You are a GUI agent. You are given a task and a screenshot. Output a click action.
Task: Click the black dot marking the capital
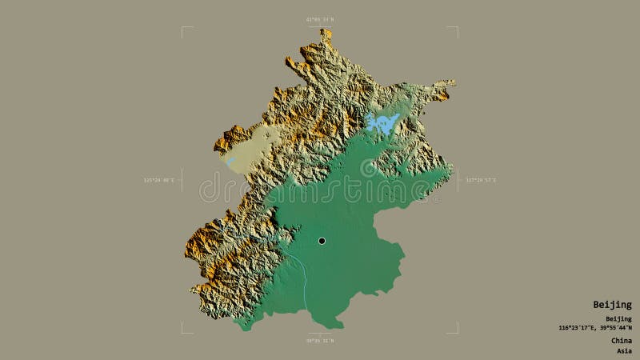pyautogui.click(x=322, y=241)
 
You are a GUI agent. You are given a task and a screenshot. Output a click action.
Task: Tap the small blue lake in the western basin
pyautogui.click(x=230, y=160)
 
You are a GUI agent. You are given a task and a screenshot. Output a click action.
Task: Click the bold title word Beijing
pyautogui.click(x=612, y=305)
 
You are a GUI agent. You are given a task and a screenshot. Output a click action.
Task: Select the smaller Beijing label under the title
pyautogui.click(x=618, y=318)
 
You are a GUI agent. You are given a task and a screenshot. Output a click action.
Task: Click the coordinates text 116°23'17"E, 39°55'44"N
pyautogui.click(x=595, y=327)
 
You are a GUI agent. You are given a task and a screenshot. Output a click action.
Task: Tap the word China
pyautogui.click(x=621, y=340)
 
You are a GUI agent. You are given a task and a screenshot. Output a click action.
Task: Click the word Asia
pyautogui.click(x=623, y=350)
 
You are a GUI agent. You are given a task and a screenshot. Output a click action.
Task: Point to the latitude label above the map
pyautogui.click(x=320, y=19)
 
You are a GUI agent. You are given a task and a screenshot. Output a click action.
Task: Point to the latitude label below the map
pyautogui.click(x=320, y=341)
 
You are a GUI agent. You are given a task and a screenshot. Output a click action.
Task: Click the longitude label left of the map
pyautogui.click(x=158, y=180)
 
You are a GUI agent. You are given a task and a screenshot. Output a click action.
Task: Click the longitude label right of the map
pyautogui.click(x=481, y=180)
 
